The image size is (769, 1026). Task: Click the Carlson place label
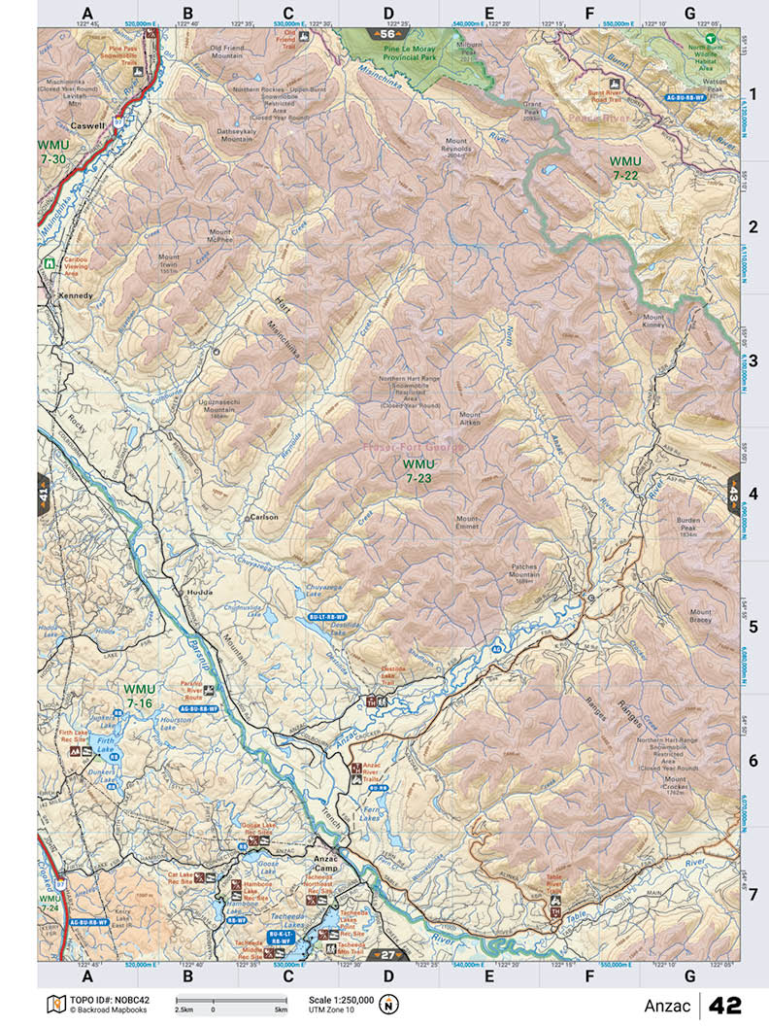tap(263, 517)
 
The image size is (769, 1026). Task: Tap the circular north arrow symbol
tap(390, 1004)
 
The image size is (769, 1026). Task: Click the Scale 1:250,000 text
tap(340, 999)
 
